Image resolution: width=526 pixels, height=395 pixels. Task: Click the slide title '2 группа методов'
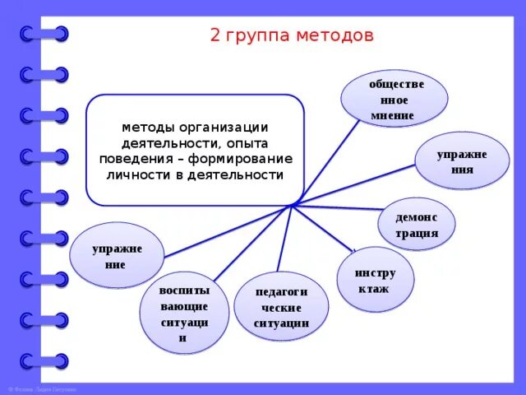pyautogui.click(x=292, y=36)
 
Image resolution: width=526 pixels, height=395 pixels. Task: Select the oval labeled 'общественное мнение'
pyautogui.click(x=397, y=99)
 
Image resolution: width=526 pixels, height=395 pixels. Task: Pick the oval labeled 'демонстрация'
pyautogui.click(x=417, y=225)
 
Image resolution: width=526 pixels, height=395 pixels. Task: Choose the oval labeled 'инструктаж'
pyautogui.click(x=376, y=280)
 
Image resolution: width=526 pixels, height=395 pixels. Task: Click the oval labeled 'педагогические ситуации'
pyautogui.click(x=282, y=307)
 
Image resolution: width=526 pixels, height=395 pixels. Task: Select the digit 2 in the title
pyautogui.click(x=215, y=36)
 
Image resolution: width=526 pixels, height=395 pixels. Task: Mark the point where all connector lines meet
pyautogui.click(x=292, y=205)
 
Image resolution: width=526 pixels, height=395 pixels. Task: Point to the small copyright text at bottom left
pyautogui.click(x=41, y=388)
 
